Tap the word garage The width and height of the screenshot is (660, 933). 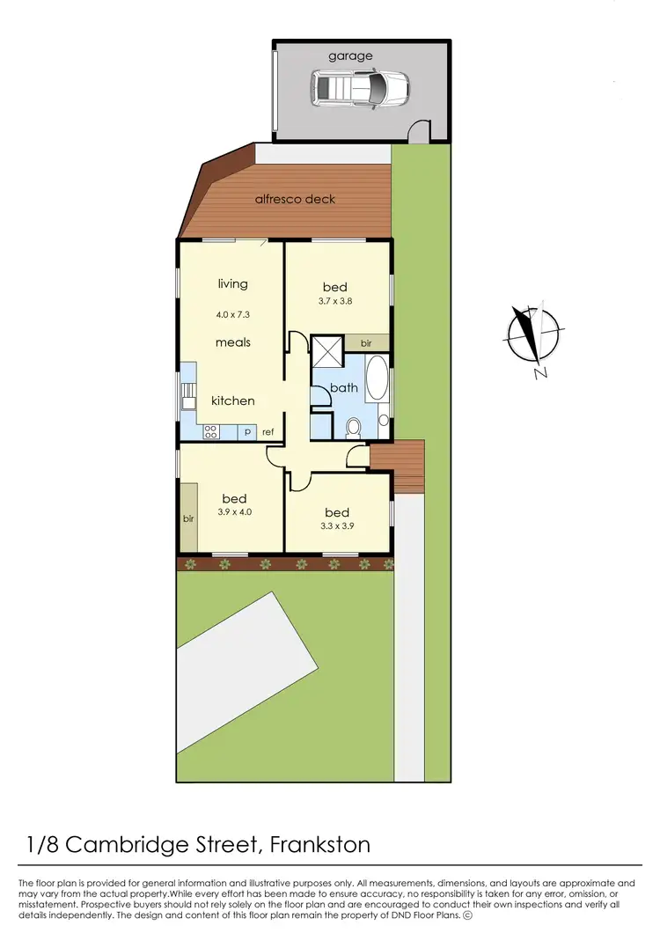(x=350, y=55)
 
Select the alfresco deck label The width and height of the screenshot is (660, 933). (x=295, y=199)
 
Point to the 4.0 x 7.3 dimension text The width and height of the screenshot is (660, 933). (x=232, y=314)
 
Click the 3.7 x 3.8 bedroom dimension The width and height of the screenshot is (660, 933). (x=335, y=302)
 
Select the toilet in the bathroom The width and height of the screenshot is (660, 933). (x=354, y=427)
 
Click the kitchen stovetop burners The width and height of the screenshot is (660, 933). (x=211, y=431)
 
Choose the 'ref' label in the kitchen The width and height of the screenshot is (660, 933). (x=268, y=432)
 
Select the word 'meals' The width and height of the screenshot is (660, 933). (x=233, y=342)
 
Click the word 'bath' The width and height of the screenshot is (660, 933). (x=342, y=388)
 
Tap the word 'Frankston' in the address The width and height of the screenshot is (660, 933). (x=319, y=845)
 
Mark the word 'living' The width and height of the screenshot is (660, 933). (x=233, y=284)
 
